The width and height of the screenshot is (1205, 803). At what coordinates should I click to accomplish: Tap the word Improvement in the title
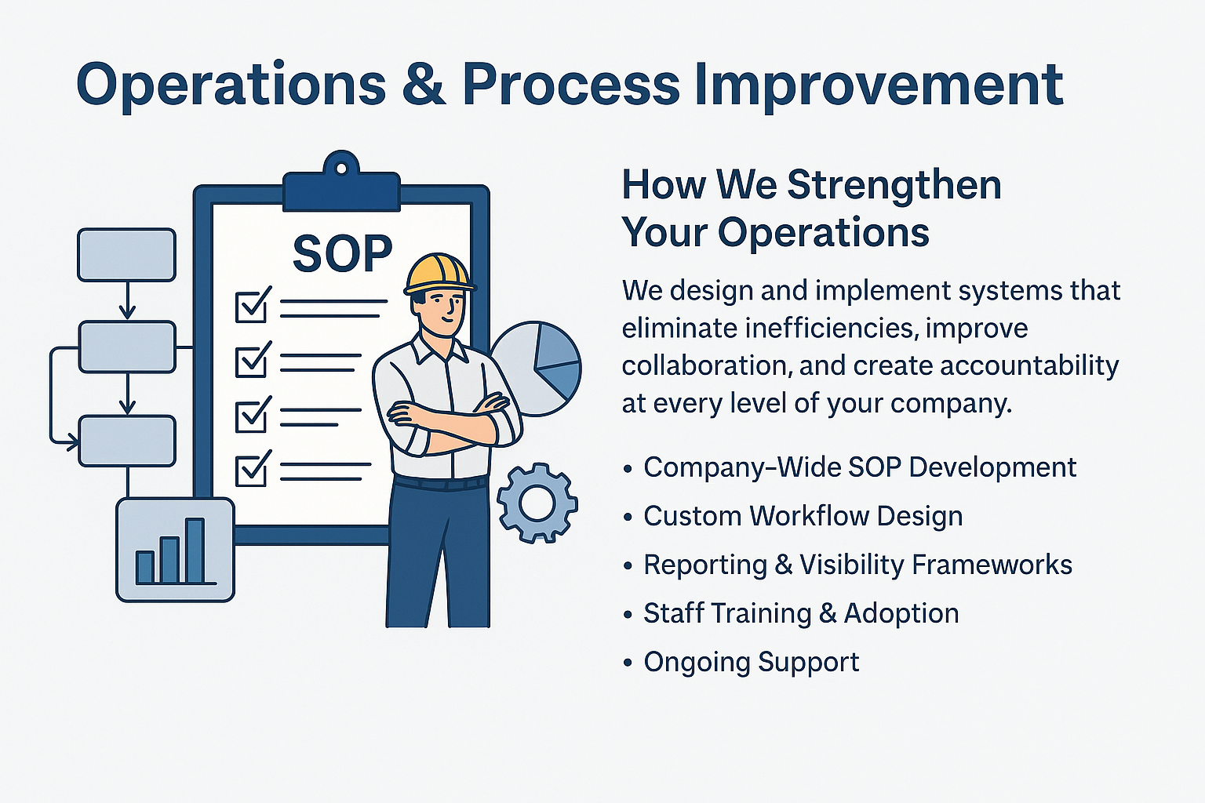[x=879, y=86]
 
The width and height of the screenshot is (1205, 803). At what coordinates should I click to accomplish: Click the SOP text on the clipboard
[x=342, y=253]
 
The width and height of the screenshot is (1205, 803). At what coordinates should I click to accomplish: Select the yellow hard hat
[x=439, y=274]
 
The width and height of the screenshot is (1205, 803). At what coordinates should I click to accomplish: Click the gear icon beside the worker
[x=537, y=503]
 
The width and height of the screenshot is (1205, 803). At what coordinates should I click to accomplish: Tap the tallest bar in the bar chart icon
[x=195, y=550]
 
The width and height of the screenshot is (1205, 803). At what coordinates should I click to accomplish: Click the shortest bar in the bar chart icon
[x=144, y=568]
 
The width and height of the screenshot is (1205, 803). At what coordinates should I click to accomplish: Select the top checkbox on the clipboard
[x=253, y=306]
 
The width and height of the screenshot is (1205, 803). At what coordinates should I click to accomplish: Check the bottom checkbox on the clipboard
[x=253, y=469]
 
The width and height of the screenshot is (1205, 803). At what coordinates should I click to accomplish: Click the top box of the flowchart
[x=127, y=255]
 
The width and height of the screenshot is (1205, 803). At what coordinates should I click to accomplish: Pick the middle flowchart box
[x=127, y=347]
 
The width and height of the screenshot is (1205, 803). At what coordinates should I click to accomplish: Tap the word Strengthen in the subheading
[x=894, y=186]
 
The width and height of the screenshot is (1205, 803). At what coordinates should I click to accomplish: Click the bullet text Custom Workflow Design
[x=803, y=516]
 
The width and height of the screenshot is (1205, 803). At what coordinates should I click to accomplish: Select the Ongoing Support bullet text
[x=752, y=662]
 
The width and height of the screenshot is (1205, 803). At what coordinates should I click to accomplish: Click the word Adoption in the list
[x=901, y=614]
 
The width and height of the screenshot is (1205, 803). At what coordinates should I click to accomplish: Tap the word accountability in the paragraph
[x=1029, y=365]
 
